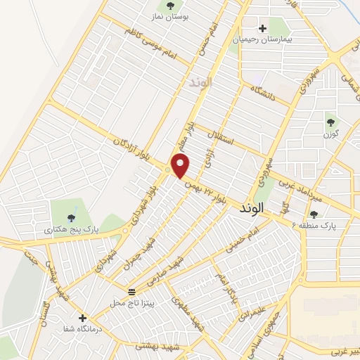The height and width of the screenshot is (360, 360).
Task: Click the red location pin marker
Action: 181,167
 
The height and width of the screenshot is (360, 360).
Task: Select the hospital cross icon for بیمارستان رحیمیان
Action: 262,29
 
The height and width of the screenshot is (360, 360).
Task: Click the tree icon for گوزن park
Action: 330,122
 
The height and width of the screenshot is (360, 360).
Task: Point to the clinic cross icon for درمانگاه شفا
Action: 83,318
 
